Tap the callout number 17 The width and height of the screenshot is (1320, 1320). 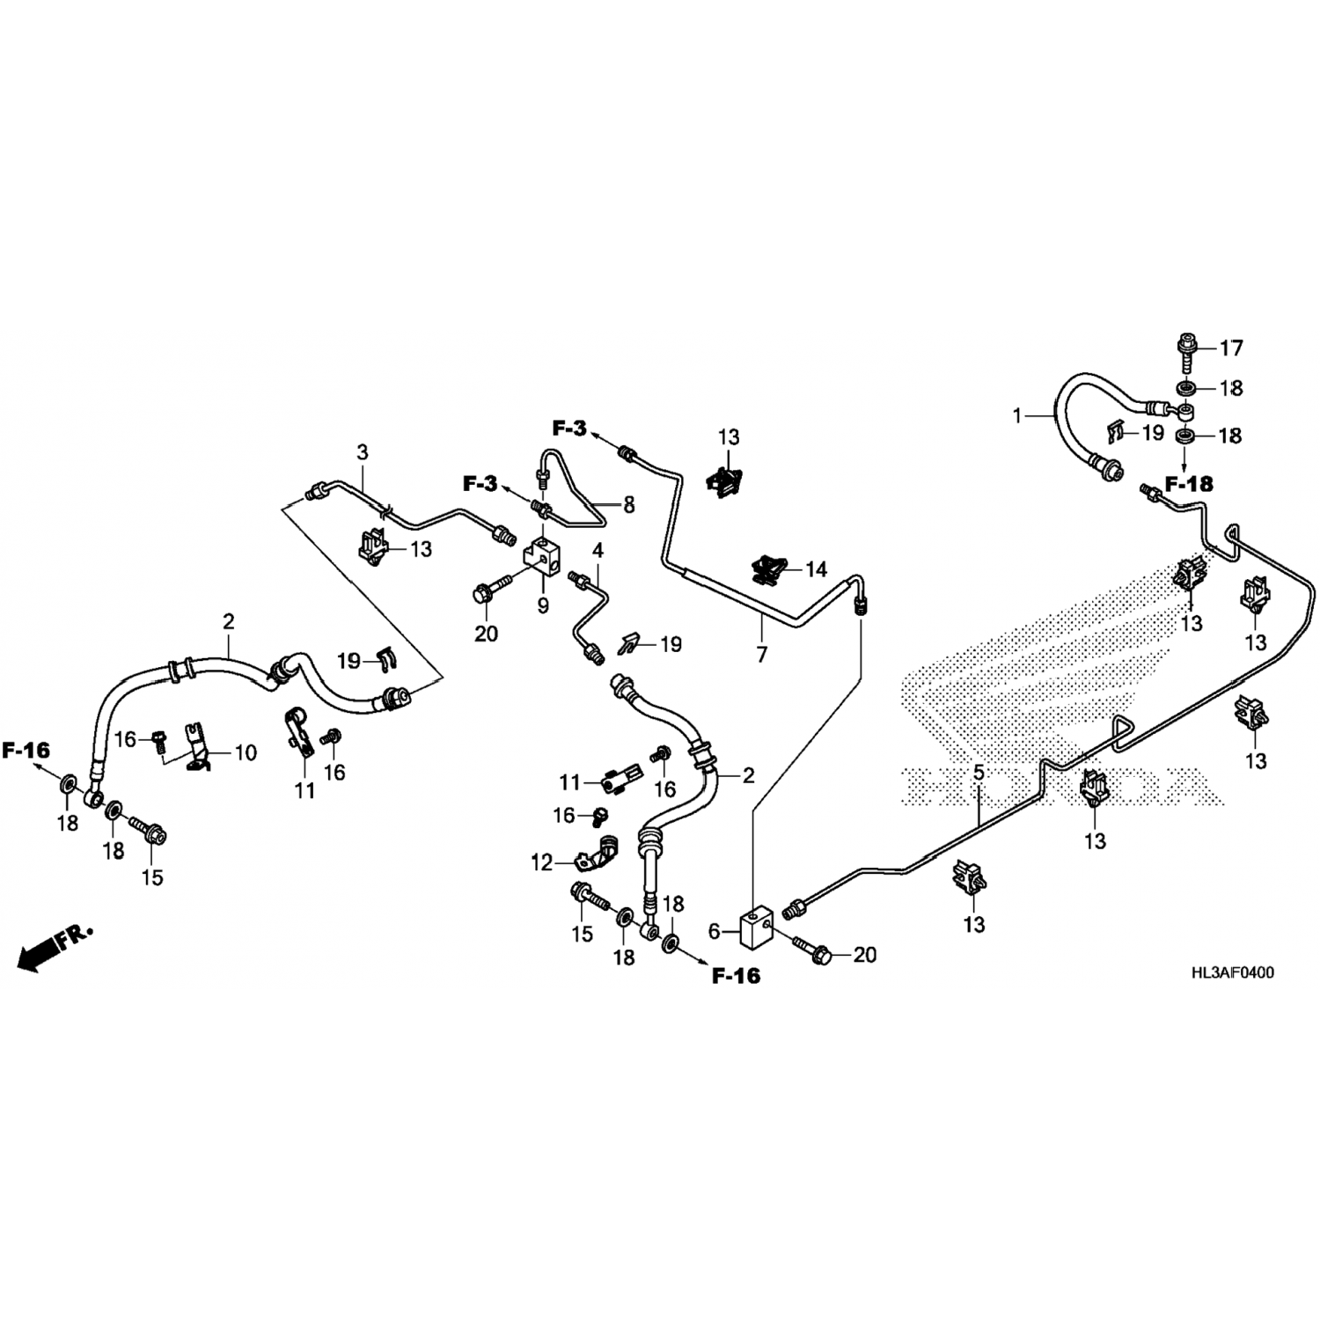point(1231,348)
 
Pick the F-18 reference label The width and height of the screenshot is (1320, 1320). point(1188,484)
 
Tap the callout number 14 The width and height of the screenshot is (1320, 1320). point(816,569)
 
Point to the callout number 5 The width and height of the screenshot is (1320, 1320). point(978,774)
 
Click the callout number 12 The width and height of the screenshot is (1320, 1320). point(542,862)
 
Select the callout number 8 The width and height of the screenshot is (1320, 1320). point(628,505)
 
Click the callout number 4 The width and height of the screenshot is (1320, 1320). point(598,552)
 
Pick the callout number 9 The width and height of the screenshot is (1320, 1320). point(543,605)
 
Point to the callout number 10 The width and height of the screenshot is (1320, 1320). point(245,752)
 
